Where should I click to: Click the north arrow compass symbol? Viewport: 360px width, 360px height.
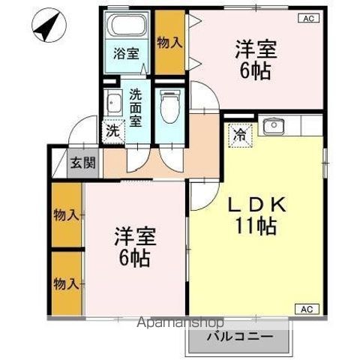coord(49,26)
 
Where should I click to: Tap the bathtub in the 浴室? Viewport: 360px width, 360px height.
coord(127,24)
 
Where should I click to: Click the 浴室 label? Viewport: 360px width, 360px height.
coord(127,53)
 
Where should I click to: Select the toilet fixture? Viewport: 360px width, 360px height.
coord(169,106)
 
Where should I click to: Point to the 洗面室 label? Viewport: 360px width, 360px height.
coord(136,108)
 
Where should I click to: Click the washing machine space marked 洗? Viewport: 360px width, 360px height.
coord(113,131)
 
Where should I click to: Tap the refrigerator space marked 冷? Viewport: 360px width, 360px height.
coord(240,136)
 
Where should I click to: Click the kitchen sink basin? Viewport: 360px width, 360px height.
coord(274,126)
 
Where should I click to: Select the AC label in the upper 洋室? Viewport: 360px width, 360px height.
coord(309,19)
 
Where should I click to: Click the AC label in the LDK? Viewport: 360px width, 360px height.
coord(307,309)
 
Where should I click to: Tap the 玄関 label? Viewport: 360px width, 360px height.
coord(83,163)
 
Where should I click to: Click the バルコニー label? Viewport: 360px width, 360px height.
coord(240,337)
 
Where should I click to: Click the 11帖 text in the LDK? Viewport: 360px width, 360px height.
coord(256,226)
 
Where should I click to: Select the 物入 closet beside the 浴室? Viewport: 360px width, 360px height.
coord(169,42)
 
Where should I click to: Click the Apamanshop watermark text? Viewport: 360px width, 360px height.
coord(180,322)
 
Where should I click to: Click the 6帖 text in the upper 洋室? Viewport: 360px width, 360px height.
coord(255,71)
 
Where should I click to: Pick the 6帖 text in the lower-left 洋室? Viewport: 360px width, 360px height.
coord(134,259)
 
